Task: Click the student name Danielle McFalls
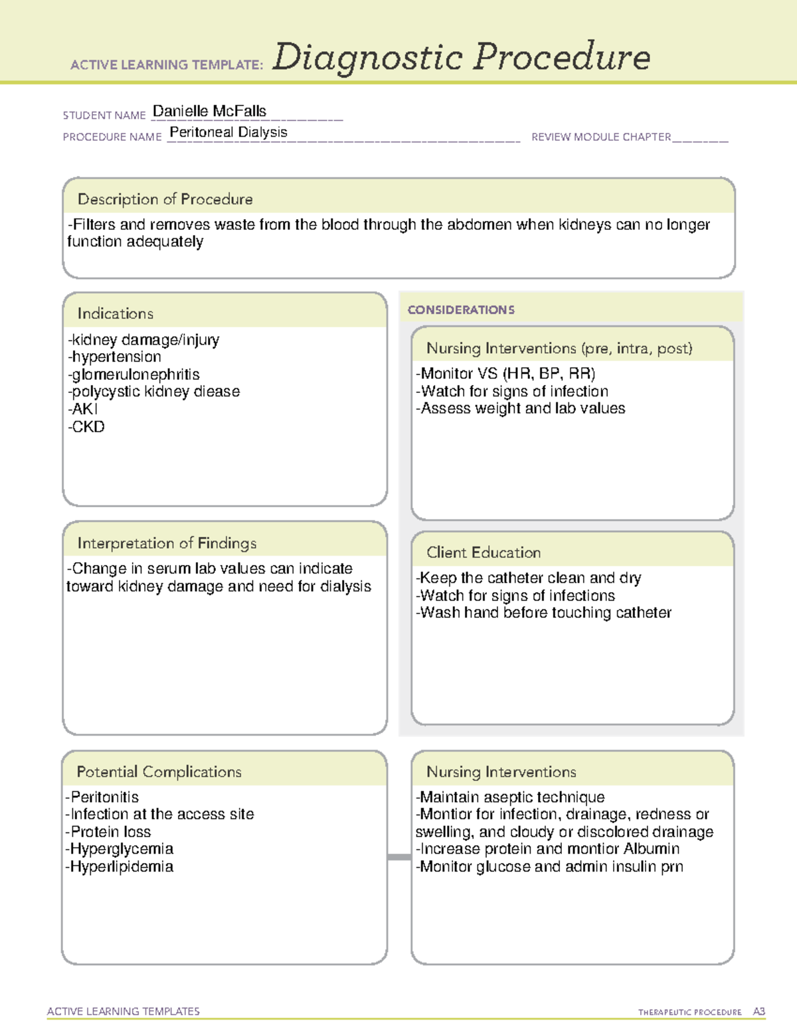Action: [209, 112]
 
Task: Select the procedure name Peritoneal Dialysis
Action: [228, 132]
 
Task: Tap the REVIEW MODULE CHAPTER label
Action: [601, 137]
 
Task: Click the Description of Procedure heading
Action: [165, 199]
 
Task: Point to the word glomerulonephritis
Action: [133, 374]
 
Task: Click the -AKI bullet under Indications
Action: [83, 409]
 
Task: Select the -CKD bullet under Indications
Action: [86, 427]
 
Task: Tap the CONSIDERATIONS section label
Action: [461, 310]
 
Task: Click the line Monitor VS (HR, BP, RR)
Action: [505, 374]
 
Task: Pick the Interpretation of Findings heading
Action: [167, 543]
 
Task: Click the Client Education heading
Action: [484, 552]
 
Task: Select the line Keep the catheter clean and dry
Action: [529, 578]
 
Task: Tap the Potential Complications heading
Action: [159, 771]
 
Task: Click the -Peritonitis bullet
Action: [102, 797]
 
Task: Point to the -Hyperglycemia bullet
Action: [120, 849]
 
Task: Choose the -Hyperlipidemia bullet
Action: [120, 867]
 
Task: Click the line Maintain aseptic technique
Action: [511, 797]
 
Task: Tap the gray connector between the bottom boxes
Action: [399, 857]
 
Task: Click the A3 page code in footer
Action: [759, 1012]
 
